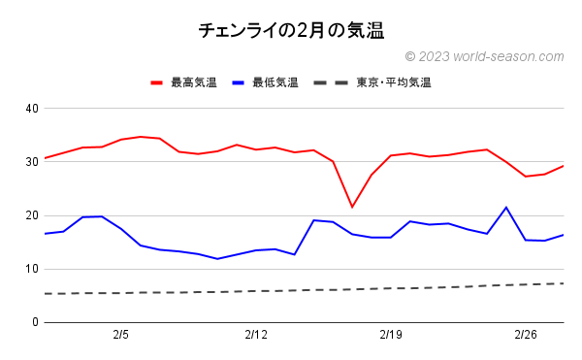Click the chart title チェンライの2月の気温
pyautogui.click(x=291, y=30)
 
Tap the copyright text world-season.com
pyautogui.click(x=484, y=57)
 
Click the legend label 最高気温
pyautogui.click(x=193, y=82)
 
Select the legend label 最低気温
pyautogui.click(x=275, y=82)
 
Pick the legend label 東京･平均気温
pyautogui.click(x=394, y=82)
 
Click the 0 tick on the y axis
pyautogui.click(x=34, y=322)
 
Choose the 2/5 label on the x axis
pyautogui.click(x=121, y=335)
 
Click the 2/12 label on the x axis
pyautogui.click(x=256, y=335)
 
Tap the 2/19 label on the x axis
pyautogui.click(x=391, y=335)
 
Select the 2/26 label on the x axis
pyautogui.click(x=526, y=335)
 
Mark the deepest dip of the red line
pyautogui.click(x=352, y=207)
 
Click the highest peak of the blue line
pyautogui.click(x=506, y=207)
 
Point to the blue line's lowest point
pyautogui.click(x=217, y=259)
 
